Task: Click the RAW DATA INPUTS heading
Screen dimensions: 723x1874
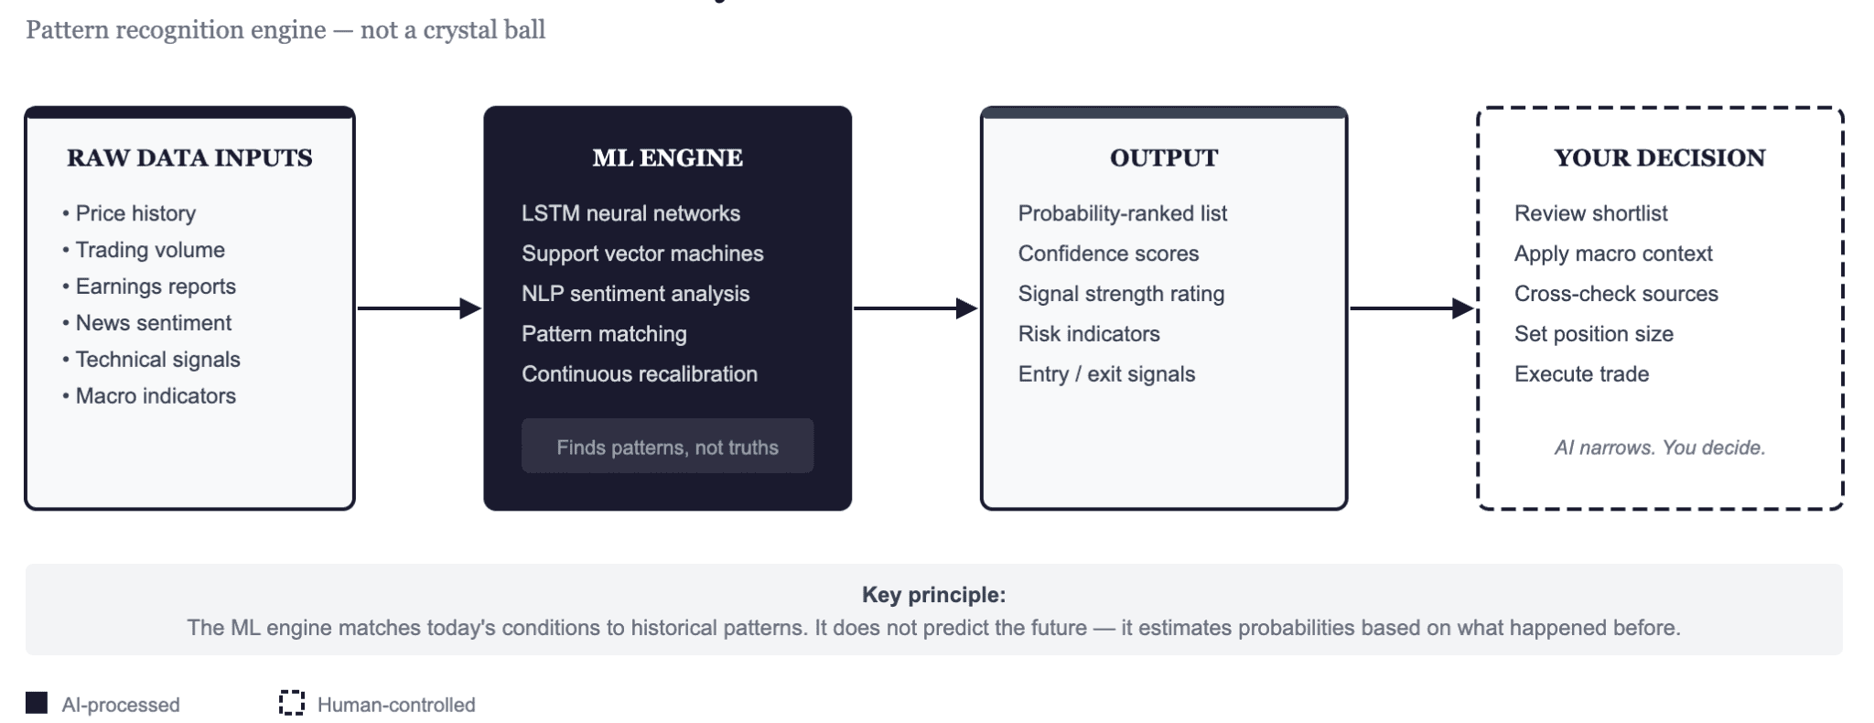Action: [189, 158]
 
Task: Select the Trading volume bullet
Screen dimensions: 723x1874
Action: [149, 250]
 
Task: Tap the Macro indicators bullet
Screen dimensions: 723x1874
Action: [155, 396]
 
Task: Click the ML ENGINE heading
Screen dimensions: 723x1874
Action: [667, 158]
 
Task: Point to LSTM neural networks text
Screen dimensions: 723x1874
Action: [630, 213]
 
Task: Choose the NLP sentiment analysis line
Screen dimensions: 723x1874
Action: [635, 294]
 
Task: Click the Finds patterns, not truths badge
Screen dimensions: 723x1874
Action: [667, 447]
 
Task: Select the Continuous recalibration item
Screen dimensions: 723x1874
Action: [639, 374]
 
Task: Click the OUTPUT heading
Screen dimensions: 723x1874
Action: [1163, 158]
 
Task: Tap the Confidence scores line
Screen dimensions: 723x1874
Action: [1108, 254]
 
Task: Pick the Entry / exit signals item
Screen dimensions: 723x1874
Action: [1106, 374]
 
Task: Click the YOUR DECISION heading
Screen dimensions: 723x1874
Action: [1659, 158]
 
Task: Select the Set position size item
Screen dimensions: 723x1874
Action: [1593, 334]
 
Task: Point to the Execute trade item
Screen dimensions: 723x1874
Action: [1581, 374]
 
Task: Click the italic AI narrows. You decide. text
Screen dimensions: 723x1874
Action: [1659, 448]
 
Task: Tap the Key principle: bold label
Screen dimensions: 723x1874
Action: [933, 595]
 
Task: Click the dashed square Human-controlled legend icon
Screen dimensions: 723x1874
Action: [291, 703]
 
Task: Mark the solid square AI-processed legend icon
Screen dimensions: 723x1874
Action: [37, 703]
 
